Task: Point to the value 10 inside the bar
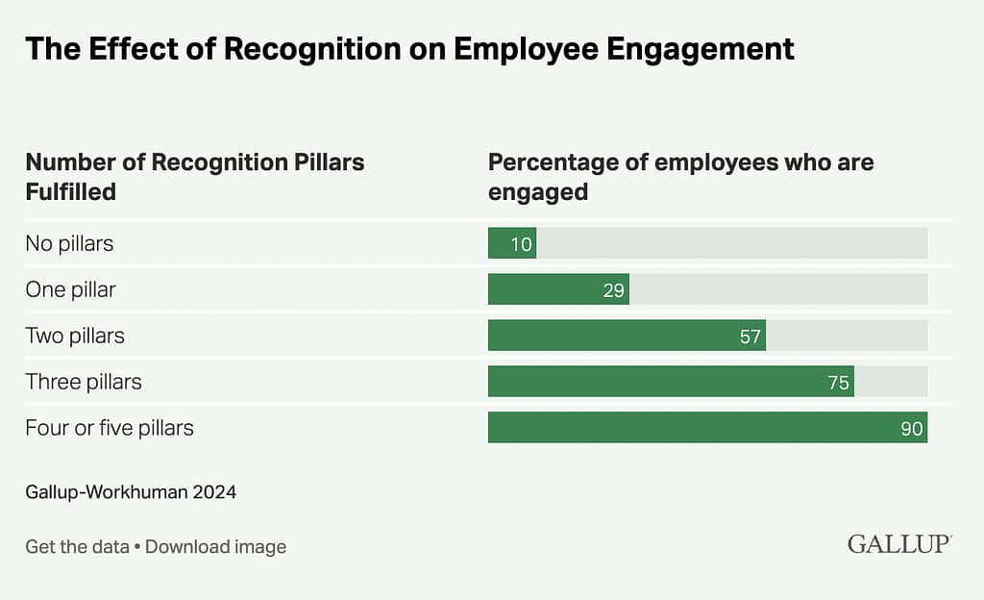[x=522, y=244]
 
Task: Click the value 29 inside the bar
[x=614, y=290]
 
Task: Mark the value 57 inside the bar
[x=750, y=337]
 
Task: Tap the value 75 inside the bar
[x=839, y=383]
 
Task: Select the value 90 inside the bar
[x=912, y=429]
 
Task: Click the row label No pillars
[x=69, y=243]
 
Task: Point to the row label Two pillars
[x=75, y=336]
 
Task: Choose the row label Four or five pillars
[x=110, y=428]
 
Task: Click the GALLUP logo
[x=899, y=544]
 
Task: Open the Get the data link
[x=77, y=547]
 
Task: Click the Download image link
[x=216, y=547]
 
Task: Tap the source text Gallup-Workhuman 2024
[x=131, y=492]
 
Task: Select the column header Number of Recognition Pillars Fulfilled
[x=194, y=176]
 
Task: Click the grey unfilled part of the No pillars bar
[x=730, y=243]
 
